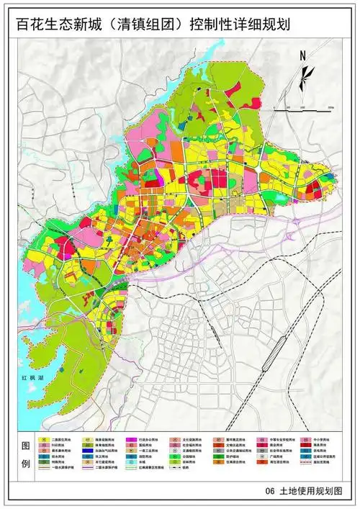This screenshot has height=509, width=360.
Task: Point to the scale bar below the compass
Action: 307,106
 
